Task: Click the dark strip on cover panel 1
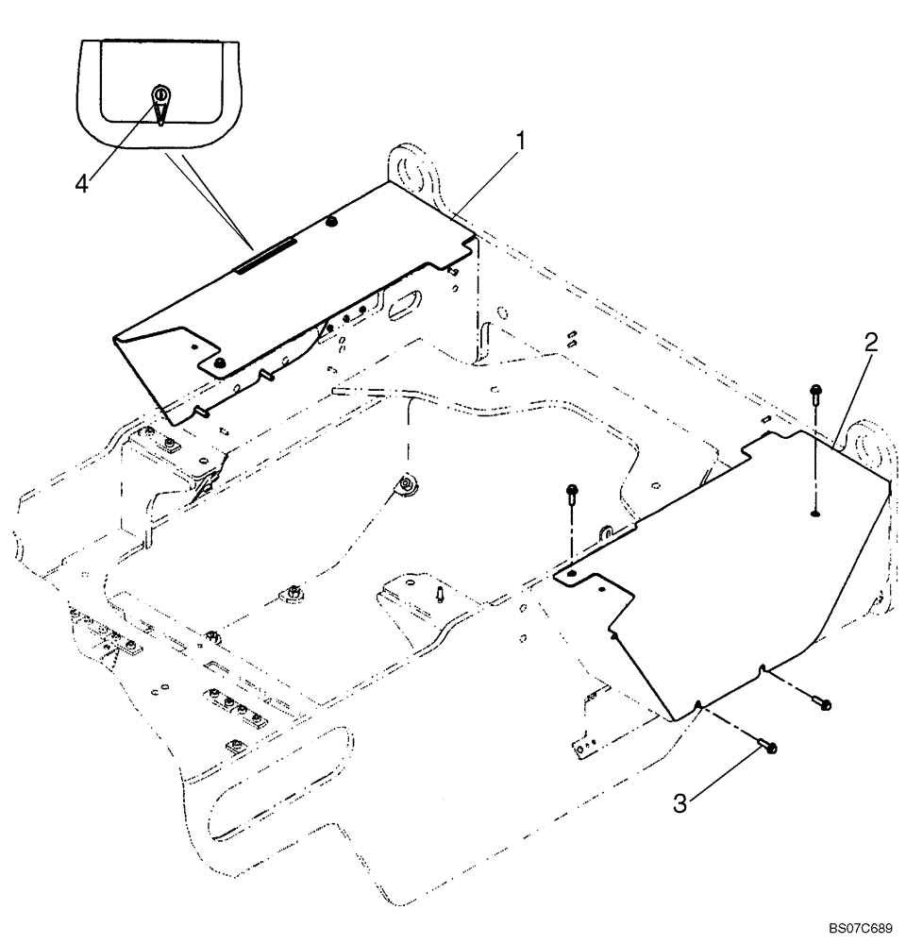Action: click(x=267, y=254)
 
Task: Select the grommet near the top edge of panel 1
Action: click(x=332, y=222)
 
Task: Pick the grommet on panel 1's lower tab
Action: click(x=219, y=364)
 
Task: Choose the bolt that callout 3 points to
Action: click(x=768, y=748)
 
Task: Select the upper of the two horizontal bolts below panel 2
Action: click(x=822, y=703)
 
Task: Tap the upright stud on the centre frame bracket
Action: click(x=441, y=595)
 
